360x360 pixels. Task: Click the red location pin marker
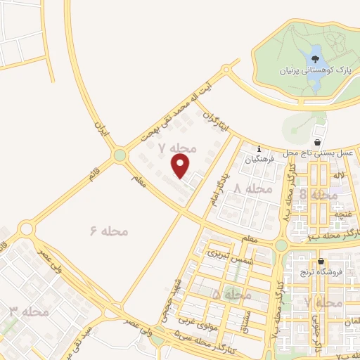[181, 166]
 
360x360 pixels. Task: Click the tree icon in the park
[315, 51]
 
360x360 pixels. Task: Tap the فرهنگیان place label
[258, 160]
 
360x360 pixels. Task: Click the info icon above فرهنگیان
[259, 149]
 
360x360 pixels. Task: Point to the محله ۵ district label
[231, 295]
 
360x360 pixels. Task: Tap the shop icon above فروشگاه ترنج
[321, 261]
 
